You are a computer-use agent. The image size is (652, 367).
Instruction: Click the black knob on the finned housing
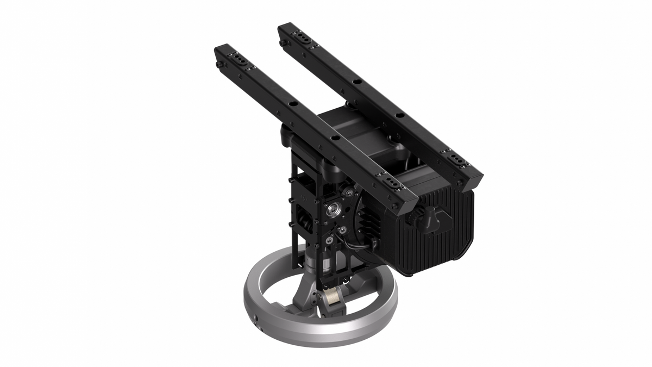point(429,221)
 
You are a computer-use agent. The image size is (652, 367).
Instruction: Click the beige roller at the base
point(332,298)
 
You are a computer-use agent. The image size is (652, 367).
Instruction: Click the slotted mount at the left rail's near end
point(392,184)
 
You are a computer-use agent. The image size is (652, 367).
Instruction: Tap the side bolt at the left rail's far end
point(218,65)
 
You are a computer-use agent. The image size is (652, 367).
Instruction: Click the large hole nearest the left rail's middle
point(335,138)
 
